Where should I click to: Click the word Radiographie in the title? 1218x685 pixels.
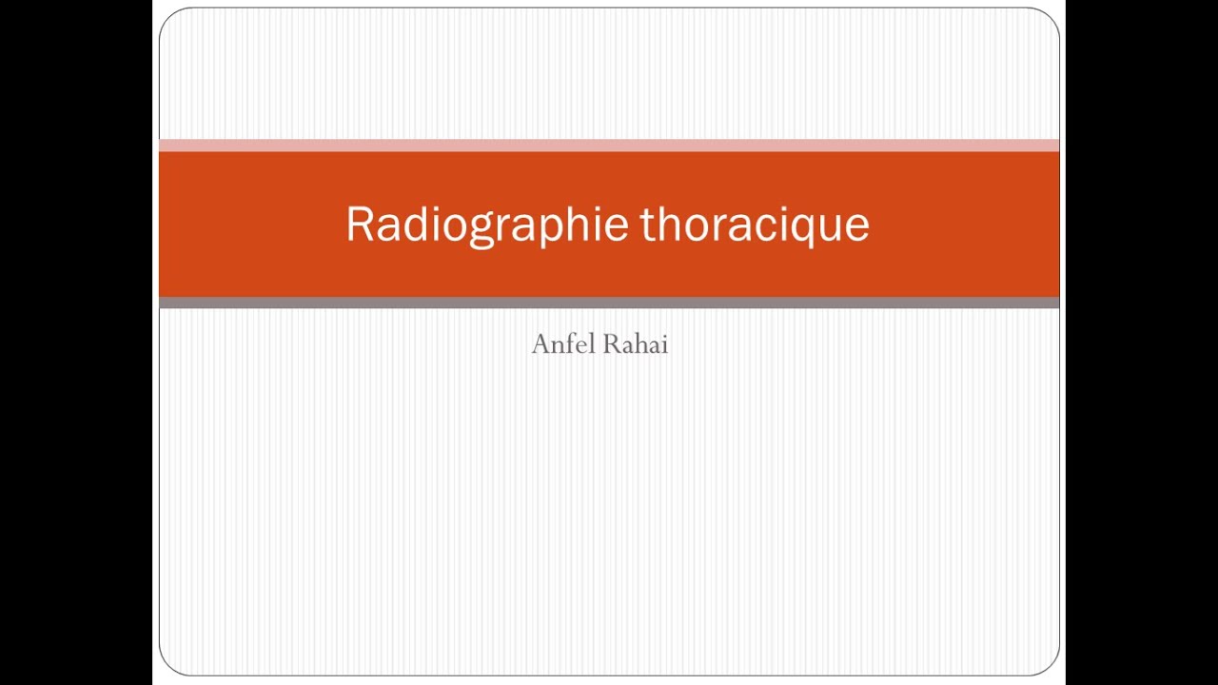click(486, 225)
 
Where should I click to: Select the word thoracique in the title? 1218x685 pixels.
click(754, 225)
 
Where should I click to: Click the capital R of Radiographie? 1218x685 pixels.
click(358, 225)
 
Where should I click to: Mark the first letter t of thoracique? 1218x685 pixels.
click(647, 225)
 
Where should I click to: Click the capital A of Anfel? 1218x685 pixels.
click(540, 344)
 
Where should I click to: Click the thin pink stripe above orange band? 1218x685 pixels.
click(609, 146)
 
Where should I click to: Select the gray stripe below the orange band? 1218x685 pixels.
click(609, 303)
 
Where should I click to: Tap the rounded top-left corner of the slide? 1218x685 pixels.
click(168, 18)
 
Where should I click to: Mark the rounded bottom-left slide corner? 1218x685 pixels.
click(168, 665)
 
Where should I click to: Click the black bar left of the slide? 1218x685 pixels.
click(76, 342)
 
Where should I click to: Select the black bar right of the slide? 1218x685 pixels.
click(1142, 342)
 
